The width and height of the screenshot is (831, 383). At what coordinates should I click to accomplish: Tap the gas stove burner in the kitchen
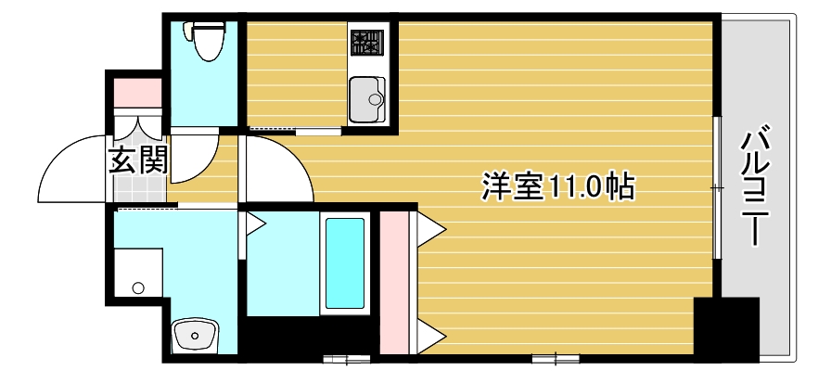(x=367, y=42)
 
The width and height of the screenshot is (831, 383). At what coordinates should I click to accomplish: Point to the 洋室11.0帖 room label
(x=556, y=186)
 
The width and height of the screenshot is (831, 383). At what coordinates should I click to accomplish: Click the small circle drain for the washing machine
(x=138, y=288)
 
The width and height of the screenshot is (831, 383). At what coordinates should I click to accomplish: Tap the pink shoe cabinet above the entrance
(x=137, y=92)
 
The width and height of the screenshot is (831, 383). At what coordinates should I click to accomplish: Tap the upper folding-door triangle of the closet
(x=428, y=228)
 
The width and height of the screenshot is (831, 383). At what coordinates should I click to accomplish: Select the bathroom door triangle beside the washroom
(x=254, y=223)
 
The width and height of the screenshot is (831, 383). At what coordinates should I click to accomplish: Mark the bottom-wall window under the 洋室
(x=556, y=356)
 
